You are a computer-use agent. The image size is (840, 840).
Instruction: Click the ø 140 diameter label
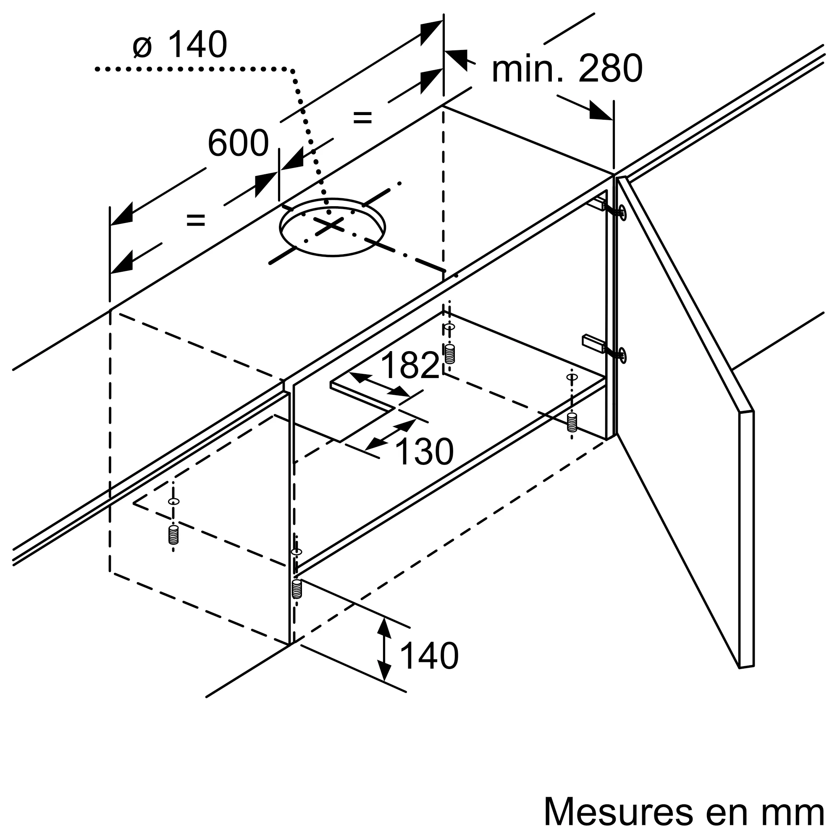[x=180, y=45]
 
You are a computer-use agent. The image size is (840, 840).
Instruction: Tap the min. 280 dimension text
[x=567, y=70]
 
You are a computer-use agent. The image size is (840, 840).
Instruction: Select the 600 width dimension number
[x=238, y=144]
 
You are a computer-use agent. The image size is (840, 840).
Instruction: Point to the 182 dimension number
[x=409, y=365]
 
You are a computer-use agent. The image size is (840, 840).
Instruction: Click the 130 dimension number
[x=424, y=452]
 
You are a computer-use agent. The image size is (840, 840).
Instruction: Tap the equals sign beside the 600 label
[x=195, y=220]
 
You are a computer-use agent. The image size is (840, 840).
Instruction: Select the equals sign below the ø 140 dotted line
[x=362, y=118]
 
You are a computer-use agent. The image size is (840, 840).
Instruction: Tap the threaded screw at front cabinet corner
[x=297, y=589]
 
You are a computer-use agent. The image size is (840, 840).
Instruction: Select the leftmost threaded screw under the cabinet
[x=173, y=535]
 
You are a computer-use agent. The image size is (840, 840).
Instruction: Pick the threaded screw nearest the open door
[x=572, y=422]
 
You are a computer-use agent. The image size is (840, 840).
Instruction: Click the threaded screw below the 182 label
[x=449, y=354]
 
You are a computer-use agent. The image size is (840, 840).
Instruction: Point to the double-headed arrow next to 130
[x=391, y=435]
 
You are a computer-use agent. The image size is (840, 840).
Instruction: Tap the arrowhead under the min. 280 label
[x=600, y=112]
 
